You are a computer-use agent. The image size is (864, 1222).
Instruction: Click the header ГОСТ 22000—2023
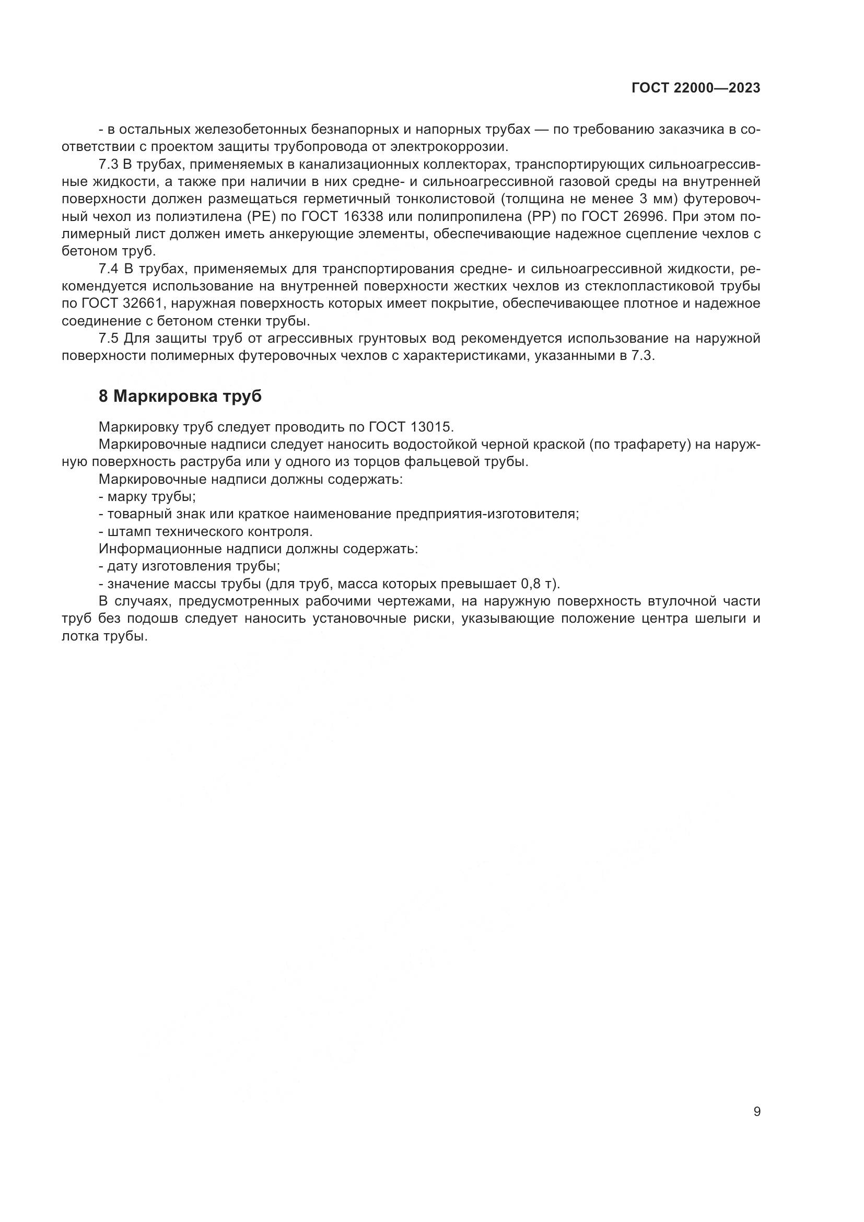(x=695, y=88)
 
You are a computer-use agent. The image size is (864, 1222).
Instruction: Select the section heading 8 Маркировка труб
(x=180, y=397)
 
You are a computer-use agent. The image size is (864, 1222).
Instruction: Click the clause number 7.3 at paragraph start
(x=108, y=165)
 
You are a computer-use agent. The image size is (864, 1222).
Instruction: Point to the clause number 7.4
(x=108, y=269)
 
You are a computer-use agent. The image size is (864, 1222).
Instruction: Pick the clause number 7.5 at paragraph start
(x=108, y=339)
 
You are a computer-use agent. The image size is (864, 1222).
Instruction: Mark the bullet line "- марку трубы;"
(x=147, y=496)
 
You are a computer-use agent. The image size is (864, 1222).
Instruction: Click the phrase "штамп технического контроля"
(x=209, y=531)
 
